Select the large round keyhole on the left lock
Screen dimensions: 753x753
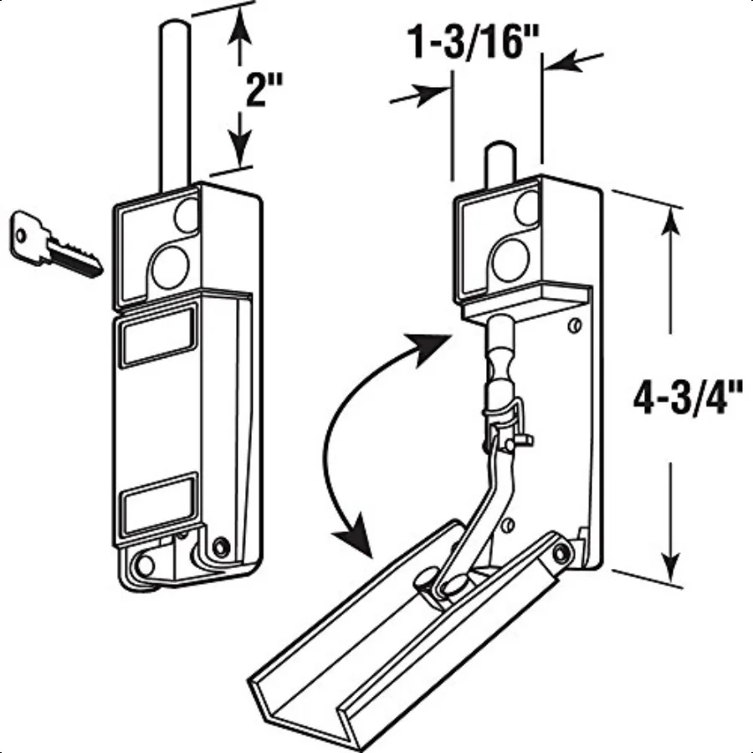(x=171, y=264)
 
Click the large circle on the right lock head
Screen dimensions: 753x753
(x=510, y=260)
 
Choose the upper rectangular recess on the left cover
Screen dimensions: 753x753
(x=157, y=336)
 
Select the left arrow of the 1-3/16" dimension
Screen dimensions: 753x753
(x=427, y=94)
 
